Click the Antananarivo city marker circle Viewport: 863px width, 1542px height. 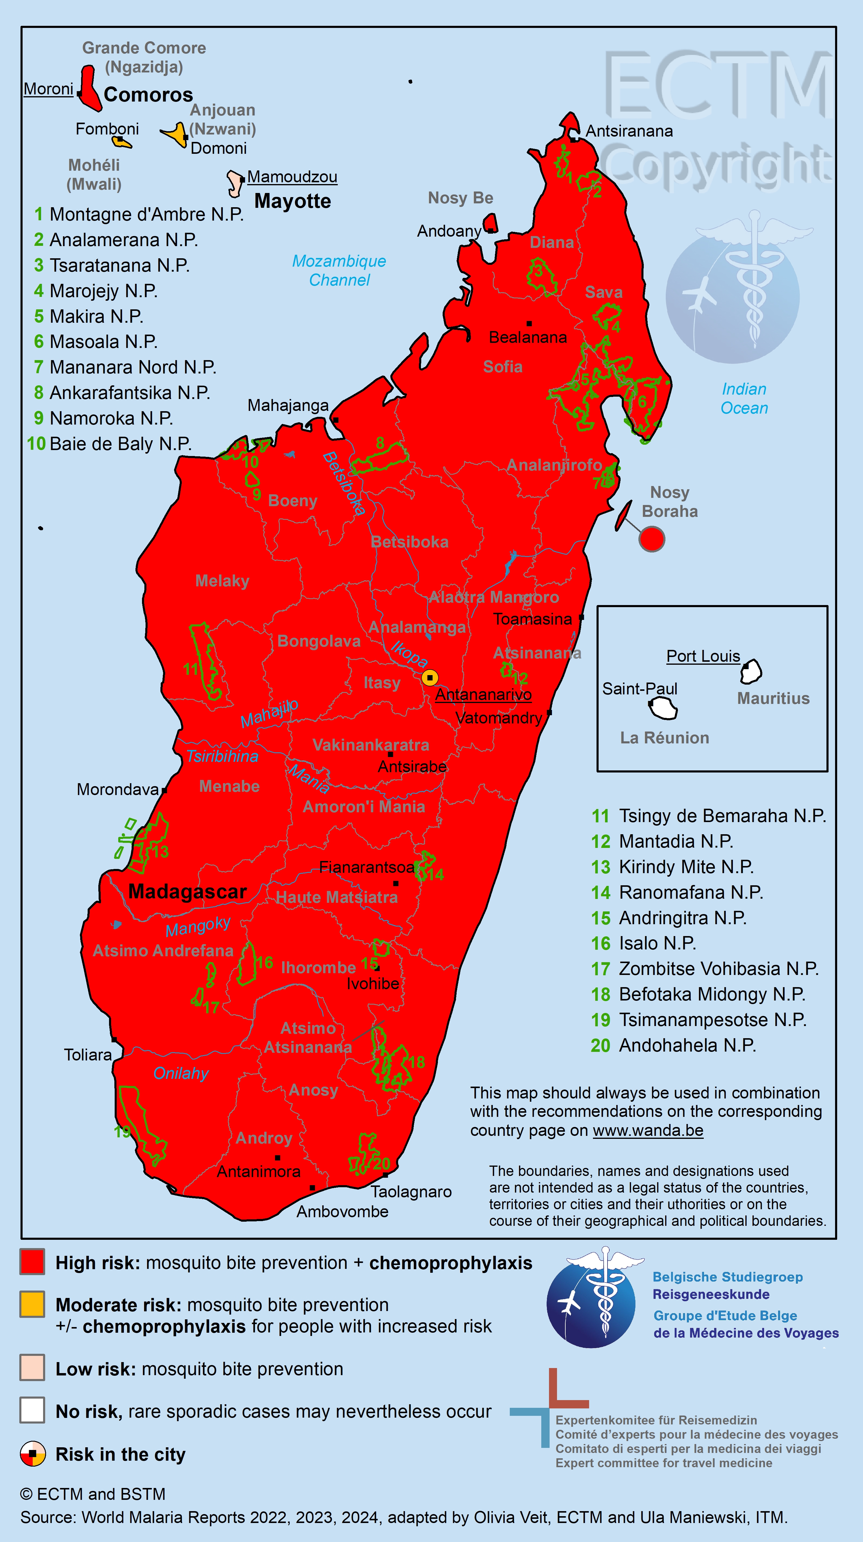point(429,677)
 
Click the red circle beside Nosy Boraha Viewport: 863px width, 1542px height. point(651,539)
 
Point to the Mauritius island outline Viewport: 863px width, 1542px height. point(751,672)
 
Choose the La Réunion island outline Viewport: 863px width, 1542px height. point(664,709)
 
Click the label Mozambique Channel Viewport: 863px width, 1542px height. point(339,270)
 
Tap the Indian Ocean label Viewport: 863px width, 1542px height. point(744,399)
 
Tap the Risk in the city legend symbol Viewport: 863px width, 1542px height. point(32,1454)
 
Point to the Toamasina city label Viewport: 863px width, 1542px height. point(532,619)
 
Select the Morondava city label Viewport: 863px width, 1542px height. point(117,790)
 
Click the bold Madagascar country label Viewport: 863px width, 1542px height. point(187,891)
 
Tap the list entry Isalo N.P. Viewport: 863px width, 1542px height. point(657,943)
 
